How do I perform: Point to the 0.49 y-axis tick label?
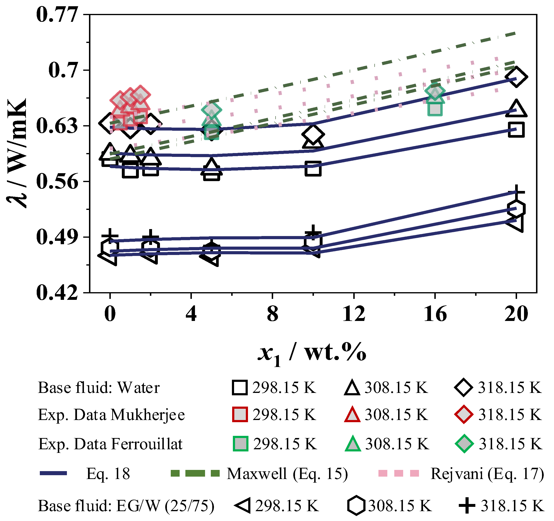[x=57, y=237]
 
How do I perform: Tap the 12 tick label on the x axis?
[x=354, y=314]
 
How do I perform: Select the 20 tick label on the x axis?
[x=516, y=314]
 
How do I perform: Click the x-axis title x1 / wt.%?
[x=312, y=354]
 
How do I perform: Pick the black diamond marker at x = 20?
[x=516, y=77]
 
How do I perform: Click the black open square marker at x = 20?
[x=516, y=130]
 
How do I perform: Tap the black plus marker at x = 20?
[x=516, y=192]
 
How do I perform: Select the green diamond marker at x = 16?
[x=435, y=91]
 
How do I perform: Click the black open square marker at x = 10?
[x=313, y=168]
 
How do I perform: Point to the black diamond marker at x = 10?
[x=313, y=134]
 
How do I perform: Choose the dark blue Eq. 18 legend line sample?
[x=53, y=473]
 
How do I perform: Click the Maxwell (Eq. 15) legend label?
[x=287, y=473]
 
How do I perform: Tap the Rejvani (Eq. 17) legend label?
[x=487, y=473]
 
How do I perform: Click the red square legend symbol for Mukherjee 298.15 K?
[x=240, y=414]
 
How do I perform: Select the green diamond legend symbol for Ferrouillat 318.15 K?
[x=464, y=444]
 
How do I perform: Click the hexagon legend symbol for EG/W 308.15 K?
[x=356, y=505]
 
